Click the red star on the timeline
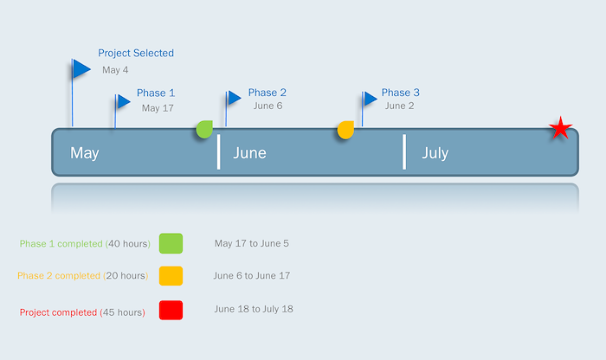560,128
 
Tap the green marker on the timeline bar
204,129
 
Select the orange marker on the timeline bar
345,130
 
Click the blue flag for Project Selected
81,68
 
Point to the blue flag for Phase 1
124,101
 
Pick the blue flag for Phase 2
235,98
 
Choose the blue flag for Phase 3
371,99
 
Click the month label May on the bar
85,153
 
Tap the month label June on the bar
249,153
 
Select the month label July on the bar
435,153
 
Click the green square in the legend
171,243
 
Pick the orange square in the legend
171,276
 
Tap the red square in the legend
171,310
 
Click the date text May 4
115,70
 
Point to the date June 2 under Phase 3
400,106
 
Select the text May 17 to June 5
252,243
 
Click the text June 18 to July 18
254,309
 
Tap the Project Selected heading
136,54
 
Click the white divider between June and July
404,151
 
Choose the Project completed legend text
58,312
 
